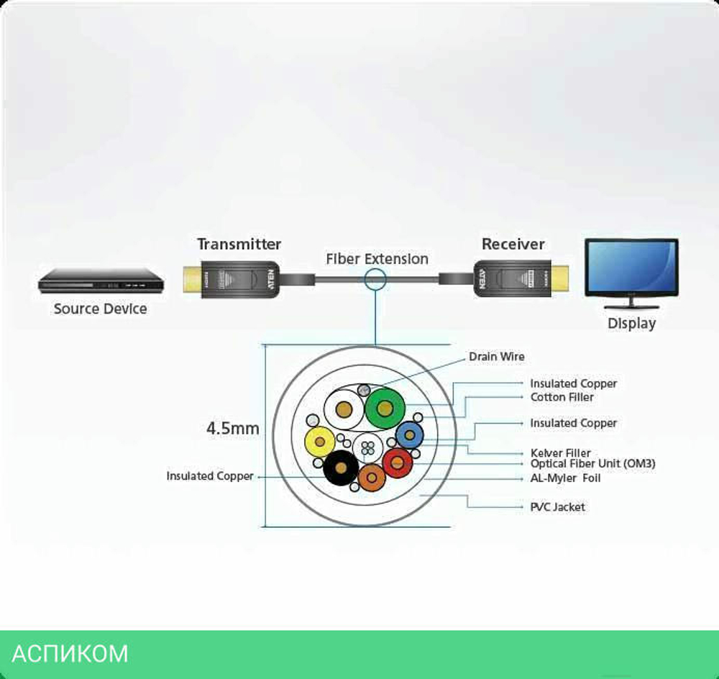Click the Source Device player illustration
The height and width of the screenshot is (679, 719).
click(x=101, y=281)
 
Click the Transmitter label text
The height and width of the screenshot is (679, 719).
click(x=239, y=245)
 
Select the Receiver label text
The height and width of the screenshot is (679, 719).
click(x=513, y=245)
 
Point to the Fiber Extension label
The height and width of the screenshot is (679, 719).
click(x=377, y=259)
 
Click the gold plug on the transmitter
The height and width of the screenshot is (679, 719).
click(x=192, y=280)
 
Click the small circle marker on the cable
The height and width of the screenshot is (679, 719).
click(x=375, y=279)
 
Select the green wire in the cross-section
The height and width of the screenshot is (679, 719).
click(x=385, y=409)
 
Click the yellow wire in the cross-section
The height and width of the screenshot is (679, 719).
click(x=320, y=442)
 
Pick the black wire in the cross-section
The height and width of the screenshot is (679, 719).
click(x=341, y=470)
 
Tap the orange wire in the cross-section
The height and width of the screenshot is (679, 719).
click(x=372, y=477)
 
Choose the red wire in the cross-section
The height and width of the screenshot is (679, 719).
click(x=397, y=462)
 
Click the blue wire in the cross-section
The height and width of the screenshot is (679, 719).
click(x=409, y=434)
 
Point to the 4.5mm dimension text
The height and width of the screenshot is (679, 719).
click(x=232, y=429)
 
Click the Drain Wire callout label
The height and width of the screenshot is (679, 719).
click(x=497, y=357)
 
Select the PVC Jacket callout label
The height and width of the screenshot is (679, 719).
click(x=557, y=507)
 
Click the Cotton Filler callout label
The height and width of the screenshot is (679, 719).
click(x=562, y=397)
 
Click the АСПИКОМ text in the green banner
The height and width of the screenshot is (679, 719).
click(x=70, y=654)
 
